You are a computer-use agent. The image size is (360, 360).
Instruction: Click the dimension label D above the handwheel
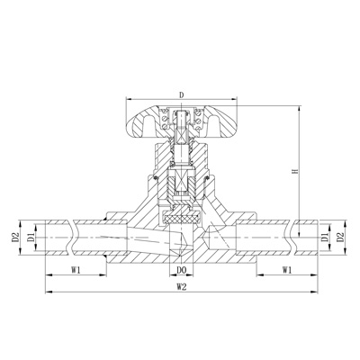coord(181,94)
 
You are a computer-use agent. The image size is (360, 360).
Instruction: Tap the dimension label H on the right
coord(295,171)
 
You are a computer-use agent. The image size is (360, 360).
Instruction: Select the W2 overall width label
coord(182,287)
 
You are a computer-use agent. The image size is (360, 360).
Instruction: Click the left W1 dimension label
coord(76,270)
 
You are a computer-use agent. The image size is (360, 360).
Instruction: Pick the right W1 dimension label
coord(287,270)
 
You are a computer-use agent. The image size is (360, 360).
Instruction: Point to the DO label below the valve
coord(182,270)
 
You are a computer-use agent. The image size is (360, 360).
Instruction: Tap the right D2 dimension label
coord(339,237)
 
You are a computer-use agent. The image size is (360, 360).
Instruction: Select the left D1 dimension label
coord(31,237)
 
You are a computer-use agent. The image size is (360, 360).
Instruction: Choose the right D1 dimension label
coord(325,237)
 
